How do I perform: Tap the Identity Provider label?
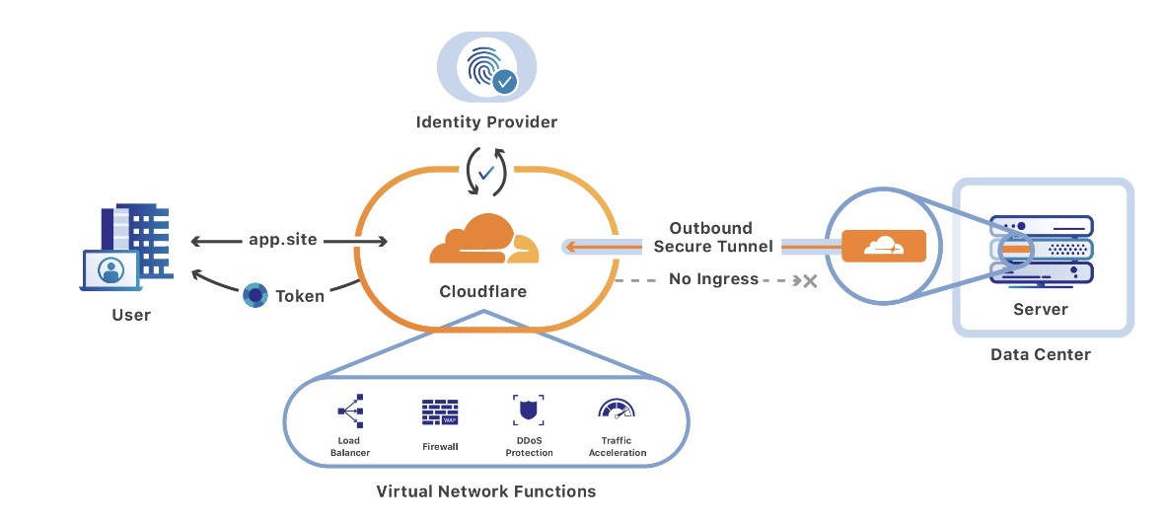(486, 122)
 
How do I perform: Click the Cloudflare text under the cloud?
(482, 291)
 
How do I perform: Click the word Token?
(300, 295)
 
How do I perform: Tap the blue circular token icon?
(255, 294)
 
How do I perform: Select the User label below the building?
(131, 315)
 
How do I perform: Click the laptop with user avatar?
(109, 270)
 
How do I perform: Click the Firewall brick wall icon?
(439, 412)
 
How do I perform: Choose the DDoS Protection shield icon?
(529, 410)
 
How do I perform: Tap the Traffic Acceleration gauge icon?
(617, 411)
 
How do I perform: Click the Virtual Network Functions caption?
(486, 490)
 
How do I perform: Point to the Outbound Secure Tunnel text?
(711, 237)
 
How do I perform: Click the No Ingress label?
(713, 279)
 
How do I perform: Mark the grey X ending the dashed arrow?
(810, 281)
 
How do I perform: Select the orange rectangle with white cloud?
(884, 246)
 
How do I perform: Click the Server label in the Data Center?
(1041, 309)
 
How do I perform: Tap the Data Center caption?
(1041, 353)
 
